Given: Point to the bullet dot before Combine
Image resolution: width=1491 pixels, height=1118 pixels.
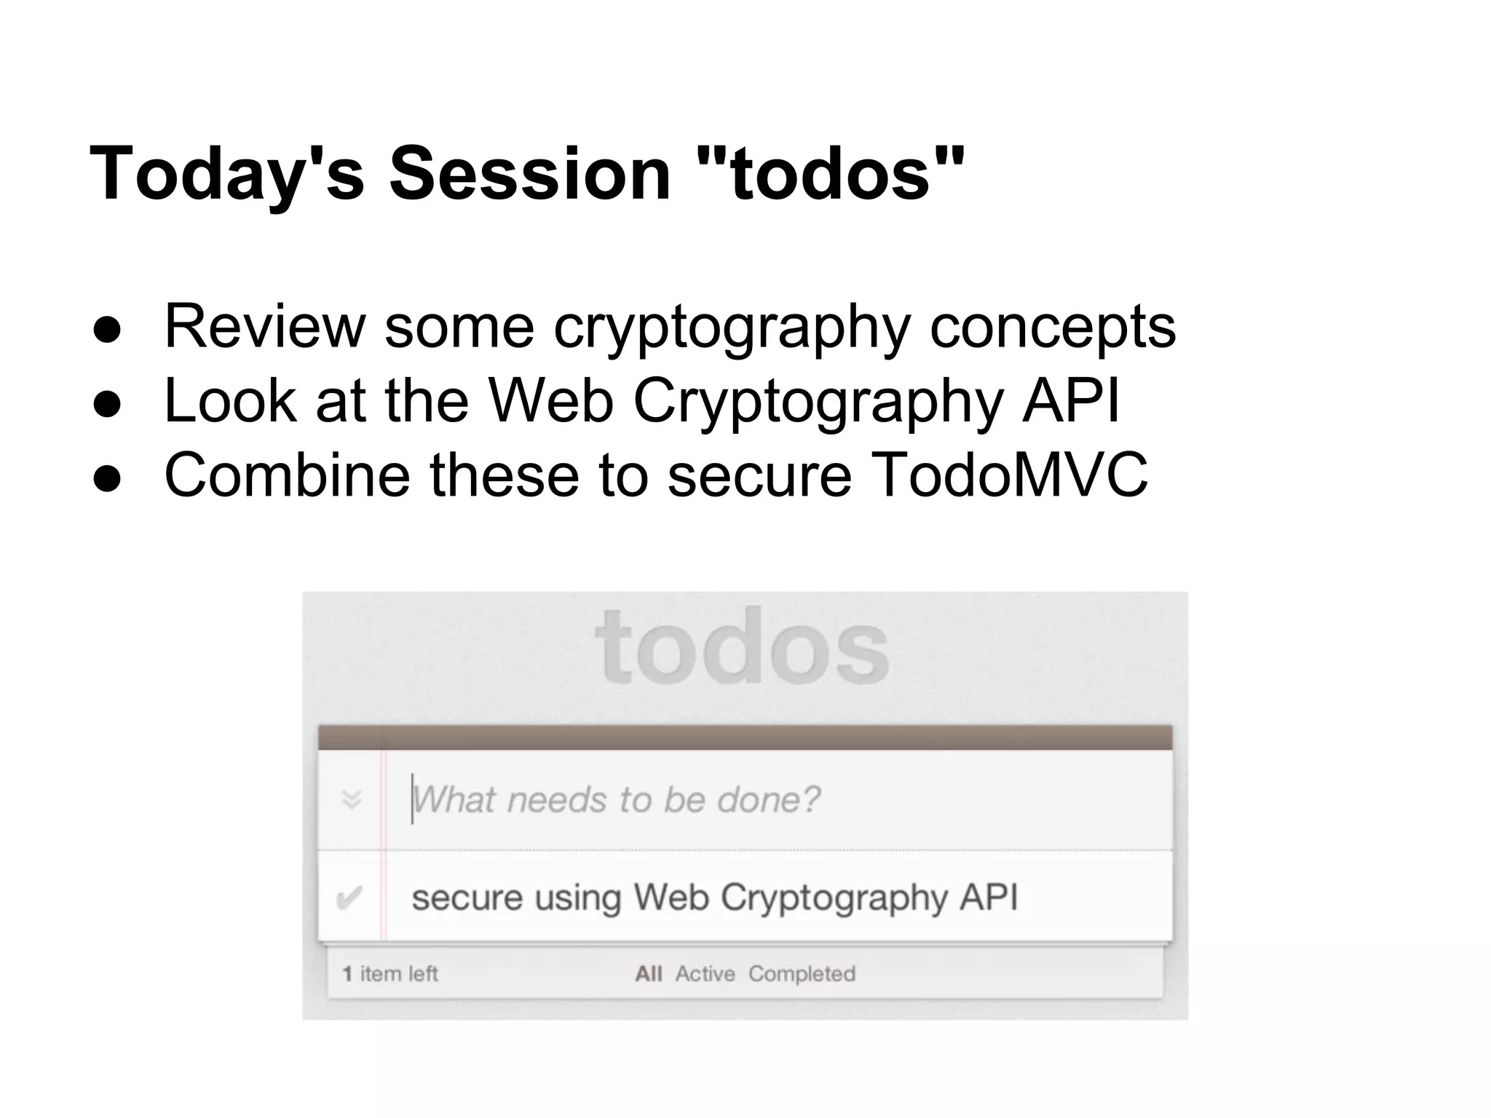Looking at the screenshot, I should coord(107,477).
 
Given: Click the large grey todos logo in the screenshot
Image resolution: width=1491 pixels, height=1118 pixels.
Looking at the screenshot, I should coord(743,647).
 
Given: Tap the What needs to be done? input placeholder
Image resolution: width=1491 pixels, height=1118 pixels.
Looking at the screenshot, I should coord(616,800).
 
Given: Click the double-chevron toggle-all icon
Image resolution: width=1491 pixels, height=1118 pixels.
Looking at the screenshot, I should coord(352,800).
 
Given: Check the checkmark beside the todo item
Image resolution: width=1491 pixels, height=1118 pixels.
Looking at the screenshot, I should coord(349,898).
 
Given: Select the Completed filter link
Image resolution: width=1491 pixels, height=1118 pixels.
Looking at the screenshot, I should coord(802,974).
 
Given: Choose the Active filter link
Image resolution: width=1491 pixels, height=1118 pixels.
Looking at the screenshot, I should coord(705,974).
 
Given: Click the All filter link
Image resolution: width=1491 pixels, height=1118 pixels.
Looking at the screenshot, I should coord(648,974).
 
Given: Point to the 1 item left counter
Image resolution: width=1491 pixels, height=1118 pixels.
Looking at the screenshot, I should coord(390,974).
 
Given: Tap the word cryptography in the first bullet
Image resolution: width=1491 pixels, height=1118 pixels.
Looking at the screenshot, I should coord(732,328).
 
